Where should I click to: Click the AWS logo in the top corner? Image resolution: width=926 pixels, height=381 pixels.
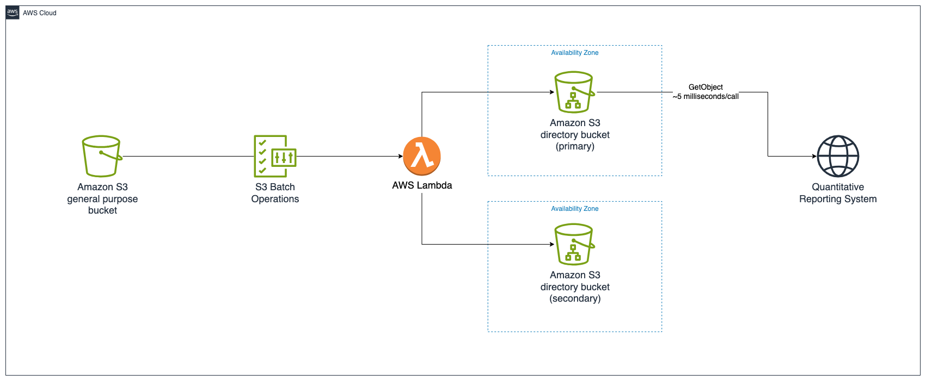tap(13, 13)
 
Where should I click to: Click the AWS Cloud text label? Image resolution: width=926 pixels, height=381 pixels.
tap(40, 13)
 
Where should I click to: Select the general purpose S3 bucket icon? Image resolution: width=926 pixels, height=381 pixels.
tap(102, 156)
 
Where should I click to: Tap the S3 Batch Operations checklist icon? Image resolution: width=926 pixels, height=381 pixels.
tap(275, 156)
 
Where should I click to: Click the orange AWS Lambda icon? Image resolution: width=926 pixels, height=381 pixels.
tap(422, 156)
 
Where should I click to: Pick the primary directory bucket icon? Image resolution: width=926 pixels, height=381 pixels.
tap(574, 92)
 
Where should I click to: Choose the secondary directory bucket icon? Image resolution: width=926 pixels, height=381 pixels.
tap(574, 244)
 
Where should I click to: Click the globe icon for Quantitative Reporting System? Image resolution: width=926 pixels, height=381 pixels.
tap(838, 156)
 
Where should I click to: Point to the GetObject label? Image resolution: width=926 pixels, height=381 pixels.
tap(706, 87)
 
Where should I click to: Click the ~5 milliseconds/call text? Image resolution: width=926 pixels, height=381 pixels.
tap(706, 97)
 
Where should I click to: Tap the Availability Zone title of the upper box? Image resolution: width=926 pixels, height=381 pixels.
tap(574, 53)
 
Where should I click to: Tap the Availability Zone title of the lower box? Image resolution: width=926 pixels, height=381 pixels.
tap(574, 209)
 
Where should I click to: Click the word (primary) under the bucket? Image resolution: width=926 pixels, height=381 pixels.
tap(575, 146)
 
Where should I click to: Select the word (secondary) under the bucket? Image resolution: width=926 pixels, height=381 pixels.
tap(575, 298)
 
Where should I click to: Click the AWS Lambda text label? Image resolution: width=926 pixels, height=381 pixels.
tap(422, 185)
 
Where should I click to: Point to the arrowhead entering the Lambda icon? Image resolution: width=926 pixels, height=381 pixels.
tap(400, 157)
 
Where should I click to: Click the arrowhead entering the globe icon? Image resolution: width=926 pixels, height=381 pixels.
tap(814, 157)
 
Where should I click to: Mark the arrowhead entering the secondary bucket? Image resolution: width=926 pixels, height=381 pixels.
tap(551, 245)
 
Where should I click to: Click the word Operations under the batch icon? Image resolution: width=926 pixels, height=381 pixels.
tap(275, 199)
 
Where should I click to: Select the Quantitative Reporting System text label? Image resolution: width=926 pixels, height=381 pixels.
tap(838, 193)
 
